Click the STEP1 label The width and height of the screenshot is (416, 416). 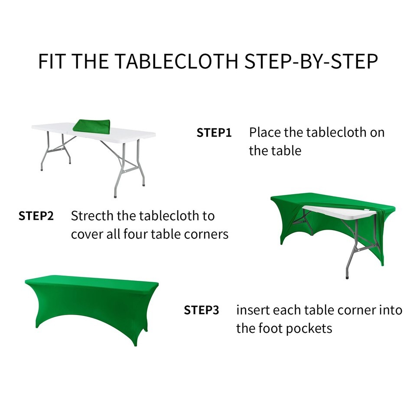click(214, 133)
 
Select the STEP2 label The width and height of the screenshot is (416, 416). click(36, 216)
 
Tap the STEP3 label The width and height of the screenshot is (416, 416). click(201, 310)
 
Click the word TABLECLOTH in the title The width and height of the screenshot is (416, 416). click(177, 62)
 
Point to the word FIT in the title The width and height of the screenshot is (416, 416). click(52, 62)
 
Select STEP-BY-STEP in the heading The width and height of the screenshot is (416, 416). click(311, 62)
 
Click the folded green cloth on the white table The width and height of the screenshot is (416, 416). click(91, 126)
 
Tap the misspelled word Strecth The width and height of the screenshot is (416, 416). click(92, 216)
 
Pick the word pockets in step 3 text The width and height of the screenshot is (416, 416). click(309, 329)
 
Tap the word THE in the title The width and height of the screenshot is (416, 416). click(90, 62)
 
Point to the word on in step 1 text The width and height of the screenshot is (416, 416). click(377, 133)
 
